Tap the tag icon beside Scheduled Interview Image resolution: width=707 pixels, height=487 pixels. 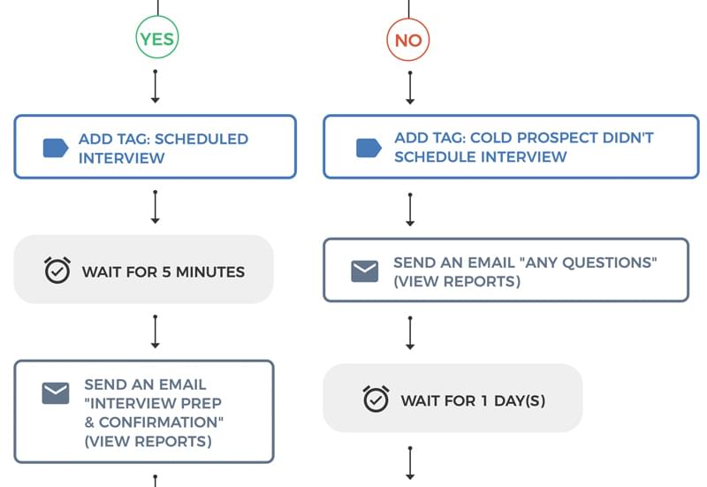[x=56, y=148]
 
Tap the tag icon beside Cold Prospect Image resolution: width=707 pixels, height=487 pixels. [x=369, y=148]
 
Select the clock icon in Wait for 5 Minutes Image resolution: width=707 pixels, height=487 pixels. [x=57, y=270]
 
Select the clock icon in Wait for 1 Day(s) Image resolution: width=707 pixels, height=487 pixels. [x=376, y=399]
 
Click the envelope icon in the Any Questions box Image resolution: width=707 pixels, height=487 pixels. [x=365, y=271]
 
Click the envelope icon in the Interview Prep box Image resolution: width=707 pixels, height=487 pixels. [x=56, y=393]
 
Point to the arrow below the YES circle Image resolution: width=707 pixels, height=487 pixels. [x=156, y=87]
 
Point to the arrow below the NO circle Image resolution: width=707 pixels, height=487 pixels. [x=410, y=88]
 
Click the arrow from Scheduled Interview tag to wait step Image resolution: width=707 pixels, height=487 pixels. [x=156, y=207]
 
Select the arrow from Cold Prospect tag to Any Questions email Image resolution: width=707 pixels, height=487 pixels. [x=410, y=209]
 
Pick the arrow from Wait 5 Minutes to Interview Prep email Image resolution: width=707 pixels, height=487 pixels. [x=156, y=331]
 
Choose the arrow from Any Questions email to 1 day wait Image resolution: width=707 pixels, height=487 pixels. [x=410, y=333]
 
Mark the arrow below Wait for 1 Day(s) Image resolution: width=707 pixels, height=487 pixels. [x=410, y=463]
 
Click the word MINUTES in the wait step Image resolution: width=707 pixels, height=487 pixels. [x=210, y=272]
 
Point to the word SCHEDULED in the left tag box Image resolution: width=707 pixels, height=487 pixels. [x=201, y=139]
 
